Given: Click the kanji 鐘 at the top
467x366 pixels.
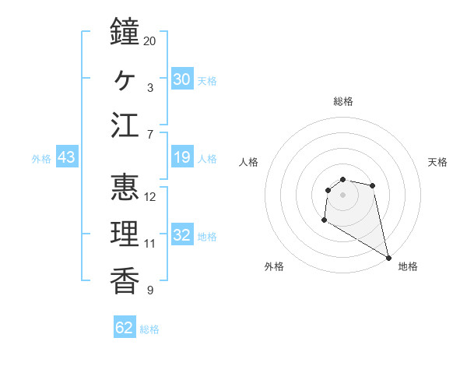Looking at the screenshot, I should coord(125,33).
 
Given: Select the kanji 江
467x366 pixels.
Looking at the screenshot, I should coord(125,126).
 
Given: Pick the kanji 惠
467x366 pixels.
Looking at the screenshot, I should coord(125,188).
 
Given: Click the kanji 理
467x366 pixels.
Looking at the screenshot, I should coord(125,234).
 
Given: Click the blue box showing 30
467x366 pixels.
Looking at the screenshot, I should coord(181,79).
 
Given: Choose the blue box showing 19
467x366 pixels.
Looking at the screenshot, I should coord(181,158).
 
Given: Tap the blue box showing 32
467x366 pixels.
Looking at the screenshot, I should coord(181,235).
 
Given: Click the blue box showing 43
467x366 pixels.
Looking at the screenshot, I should coord(67,158).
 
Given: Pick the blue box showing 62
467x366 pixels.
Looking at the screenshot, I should coord(125,328).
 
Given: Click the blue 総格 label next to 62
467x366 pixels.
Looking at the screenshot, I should coord(149,329).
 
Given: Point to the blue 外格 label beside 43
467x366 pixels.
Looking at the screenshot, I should coord(41,159).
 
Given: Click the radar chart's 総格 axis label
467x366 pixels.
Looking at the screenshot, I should coord(342,101).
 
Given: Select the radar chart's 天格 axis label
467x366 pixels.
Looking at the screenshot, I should coord(437,162).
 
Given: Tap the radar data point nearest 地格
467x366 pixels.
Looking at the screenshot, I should coord(389,259).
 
